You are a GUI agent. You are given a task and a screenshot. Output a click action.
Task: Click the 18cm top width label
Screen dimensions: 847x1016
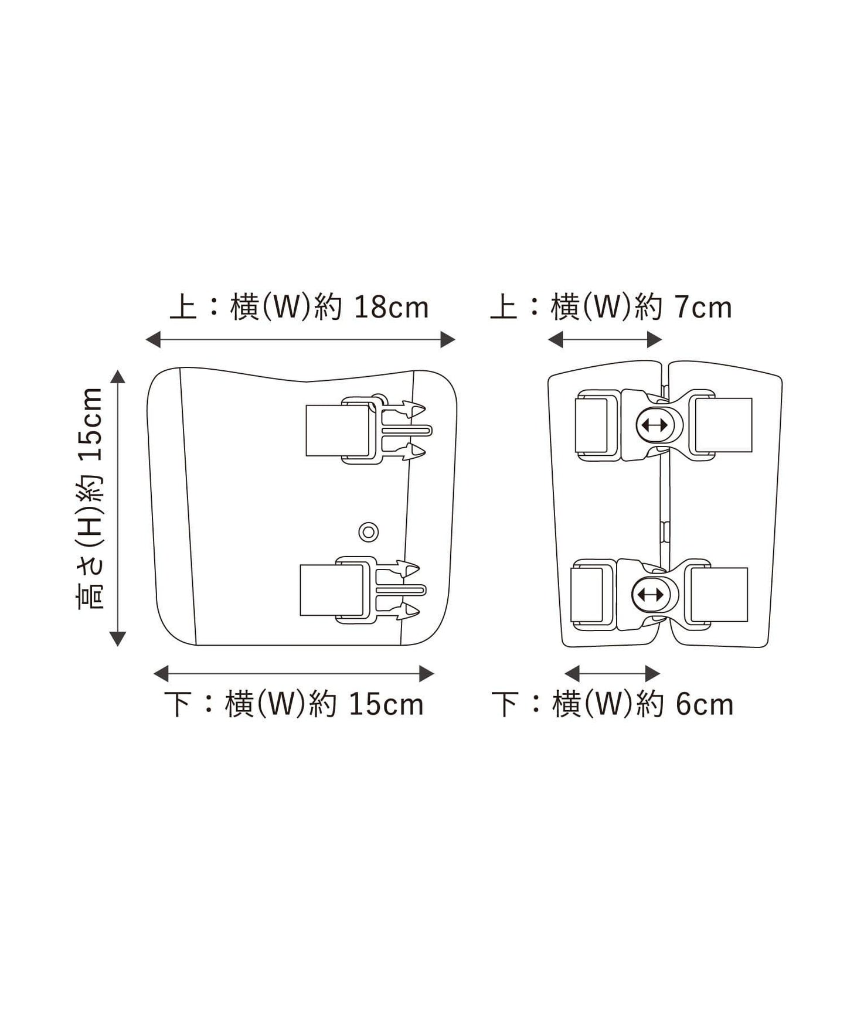[x=299, y=307]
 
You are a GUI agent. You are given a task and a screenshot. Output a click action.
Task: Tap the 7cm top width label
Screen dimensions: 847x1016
[x=611, y=307]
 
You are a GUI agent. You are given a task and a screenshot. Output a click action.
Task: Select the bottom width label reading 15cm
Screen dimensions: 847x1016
[x=294, y=704]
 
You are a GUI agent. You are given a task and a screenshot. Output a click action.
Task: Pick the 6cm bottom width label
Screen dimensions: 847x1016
[x=613, y=704]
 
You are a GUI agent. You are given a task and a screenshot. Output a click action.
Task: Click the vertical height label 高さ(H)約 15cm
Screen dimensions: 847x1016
[x=91, y=499]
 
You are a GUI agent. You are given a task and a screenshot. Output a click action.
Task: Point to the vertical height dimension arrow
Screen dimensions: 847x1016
[x=118, y=508]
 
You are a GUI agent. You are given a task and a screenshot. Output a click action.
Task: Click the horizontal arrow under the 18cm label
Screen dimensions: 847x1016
[x=300, y=339]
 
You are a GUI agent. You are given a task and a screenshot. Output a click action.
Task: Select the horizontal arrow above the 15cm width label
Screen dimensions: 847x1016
[x=294, y=674]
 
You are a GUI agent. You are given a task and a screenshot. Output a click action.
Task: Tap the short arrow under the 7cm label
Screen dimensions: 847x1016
[x=605, y=339]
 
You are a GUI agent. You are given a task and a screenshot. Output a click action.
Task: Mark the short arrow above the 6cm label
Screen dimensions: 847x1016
[x=612, y=674]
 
